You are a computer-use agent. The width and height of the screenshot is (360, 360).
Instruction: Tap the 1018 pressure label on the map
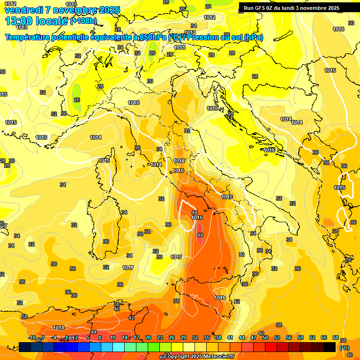[59, 328]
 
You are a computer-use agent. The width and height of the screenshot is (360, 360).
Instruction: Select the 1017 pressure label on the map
[128, 268]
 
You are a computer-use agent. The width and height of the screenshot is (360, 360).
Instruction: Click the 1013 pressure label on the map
[71, 5]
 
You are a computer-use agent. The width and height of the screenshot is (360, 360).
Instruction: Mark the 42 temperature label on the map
[131, 318]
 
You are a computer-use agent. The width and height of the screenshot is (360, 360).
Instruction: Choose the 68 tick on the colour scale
[336, 337]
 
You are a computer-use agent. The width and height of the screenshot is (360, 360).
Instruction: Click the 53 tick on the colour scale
[277, 337]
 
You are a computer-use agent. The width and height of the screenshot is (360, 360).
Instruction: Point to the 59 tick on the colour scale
[300, 337]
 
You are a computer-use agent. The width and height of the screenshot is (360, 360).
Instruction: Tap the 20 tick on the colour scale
[148, 337]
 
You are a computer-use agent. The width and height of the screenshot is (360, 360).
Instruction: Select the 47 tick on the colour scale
[254, 337]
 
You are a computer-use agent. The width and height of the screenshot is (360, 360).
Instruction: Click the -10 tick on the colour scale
[31, 337]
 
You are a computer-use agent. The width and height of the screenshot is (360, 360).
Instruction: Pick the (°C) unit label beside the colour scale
[345, 348]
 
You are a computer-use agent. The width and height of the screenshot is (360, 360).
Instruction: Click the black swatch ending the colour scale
[330, 347]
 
